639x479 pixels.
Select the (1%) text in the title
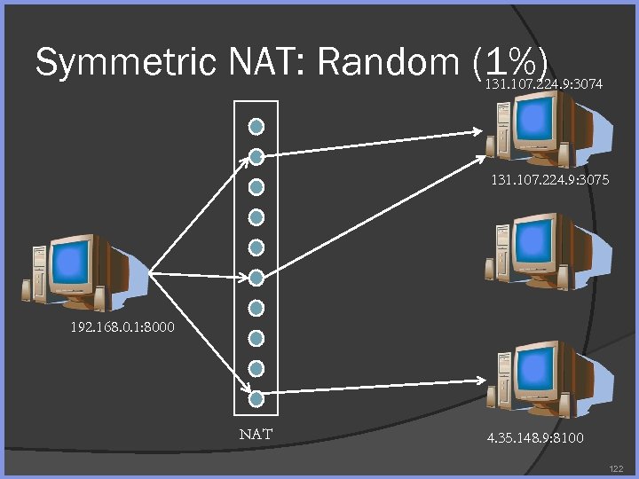[x=509, y=62]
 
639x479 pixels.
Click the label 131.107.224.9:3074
[x=544, y=85]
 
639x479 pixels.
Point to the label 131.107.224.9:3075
[x=549, y=180]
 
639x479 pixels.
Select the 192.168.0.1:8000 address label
[x=122, y=327]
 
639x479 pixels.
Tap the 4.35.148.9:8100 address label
[x=535, y=438]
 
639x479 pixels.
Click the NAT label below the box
[x=256, y=435]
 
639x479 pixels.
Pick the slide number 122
[x=618, y=467]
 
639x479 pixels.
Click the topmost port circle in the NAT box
[x=256, y=126]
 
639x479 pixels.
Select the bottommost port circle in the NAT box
[x=256, y=398]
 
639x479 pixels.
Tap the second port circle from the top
[x=256, y=157]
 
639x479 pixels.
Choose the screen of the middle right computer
[x=537, y=239]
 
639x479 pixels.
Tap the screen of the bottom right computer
[x=537, y=366]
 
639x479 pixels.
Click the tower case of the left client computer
[x=37, y=276]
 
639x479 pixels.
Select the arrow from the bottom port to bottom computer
[x=373, y=387]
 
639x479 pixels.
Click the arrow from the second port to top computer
[x=373, y=144]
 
